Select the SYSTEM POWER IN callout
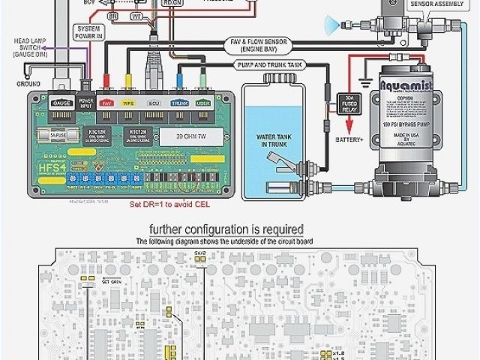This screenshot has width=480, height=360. [x=88, y=32]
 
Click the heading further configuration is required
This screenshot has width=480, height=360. [x=226, y=229]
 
